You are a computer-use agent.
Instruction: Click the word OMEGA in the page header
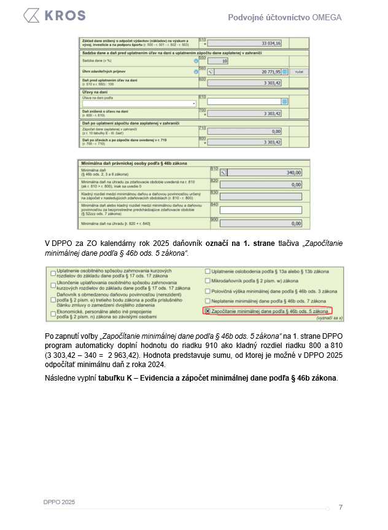(x=328, y=17)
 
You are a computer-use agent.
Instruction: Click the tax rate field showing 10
(x=219, y=61)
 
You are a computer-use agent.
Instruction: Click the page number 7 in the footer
(x=341, y=507)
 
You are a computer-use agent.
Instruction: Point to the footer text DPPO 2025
(x=59, y=502)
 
